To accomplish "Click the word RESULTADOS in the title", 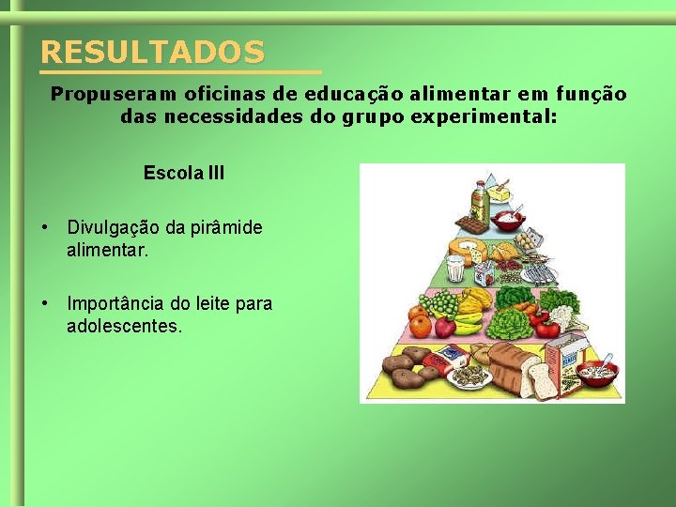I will pos(152,52).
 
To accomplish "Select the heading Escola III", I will pos(184,174).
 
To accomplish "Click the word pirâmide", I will pos(228,228).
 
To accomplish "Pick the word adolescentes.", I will pos(125,327).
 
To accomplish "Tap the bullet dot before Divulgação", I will pos(44,228).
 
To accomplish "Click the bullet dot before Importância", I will pos(44,303).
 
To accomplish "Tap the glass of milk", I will pos(455,269).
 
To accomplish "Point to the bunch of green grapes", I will pos(441,304).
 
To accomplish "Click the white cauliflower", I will pos(561,301).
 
